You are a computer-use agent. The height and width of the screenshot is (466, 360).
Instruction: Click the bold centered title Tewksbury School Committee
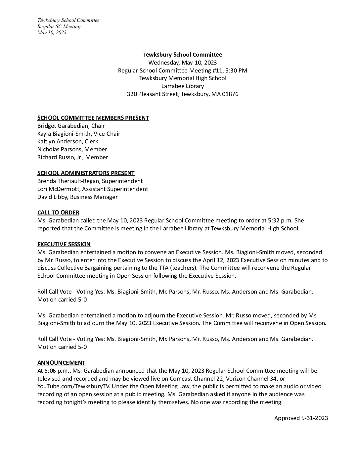[x=182, y=55]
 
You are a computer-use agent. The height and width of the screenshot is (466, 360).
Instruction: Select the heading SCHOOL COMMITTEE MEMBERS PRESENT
[x=93, y=118]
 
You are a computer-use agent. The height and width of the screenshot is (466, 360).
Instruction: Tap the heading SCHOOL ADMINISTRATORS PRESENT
[x=86, y=173]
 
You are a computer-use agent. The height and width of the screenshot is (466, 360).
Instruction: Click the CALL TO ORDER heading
[x=58, y=212]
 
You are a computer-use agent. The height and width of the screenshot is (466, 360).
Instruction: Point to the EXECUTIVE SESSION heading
[x=64, y=244]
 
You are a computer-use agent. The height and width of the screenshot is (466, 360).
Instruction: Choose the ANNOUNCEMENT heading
[x=61, y=363]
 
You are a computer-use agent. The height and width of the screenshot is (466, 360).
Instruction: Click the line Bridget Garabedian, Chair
[x=71, y=126]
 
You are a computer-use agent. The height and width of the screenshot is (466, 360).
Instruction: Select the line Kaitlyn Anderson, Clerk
[x=67, y=141]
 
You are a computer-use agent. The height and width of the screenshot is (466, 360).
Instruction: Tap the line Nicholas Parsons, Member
[x=72, y=149]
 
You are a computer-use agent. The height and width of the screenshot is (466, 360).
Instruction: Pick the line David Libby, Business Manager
[x=77, y=197]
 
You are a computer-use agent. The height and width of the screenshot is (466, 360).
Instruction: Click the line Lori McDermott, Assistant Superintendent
[x=93, y=189]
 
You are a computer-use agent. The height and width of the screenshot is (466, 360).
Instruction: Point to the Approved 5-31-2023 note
[x=301, y=418]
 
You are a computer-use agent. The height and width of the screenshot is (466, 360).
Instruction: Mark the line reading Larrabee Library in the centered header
[x=182, y=86]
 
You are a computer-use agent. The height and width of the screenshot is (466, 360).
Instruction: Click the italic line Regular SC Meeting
[x=59, y=26]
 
